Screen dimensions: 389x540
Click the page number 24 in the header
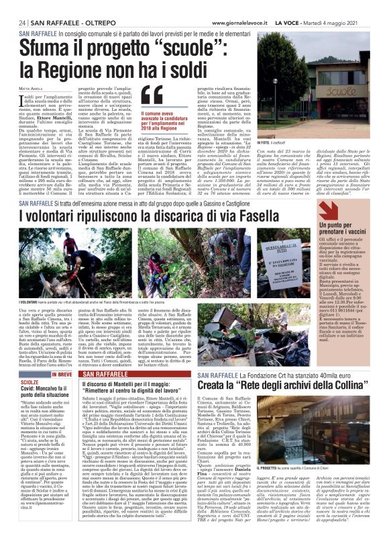click(x=21, y=22)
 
